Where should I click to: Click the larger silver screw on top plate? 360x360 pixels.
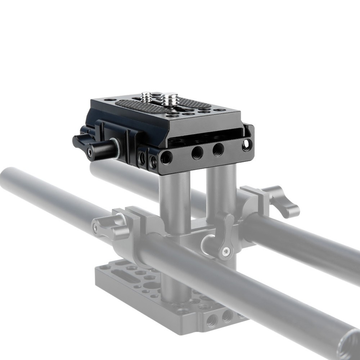click(x=169, y=99)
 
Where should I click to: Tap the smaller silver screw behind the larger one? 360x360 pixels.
click(x=146, y=96)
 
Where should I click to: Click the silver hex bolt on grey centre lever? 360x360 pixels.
click(x=226, y=252)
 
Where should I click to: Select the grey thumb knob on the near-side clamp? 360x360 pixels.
click(x=104, y=226)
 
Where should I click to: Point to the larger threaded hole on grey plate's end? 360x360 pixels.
click(x=211, y=319)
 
